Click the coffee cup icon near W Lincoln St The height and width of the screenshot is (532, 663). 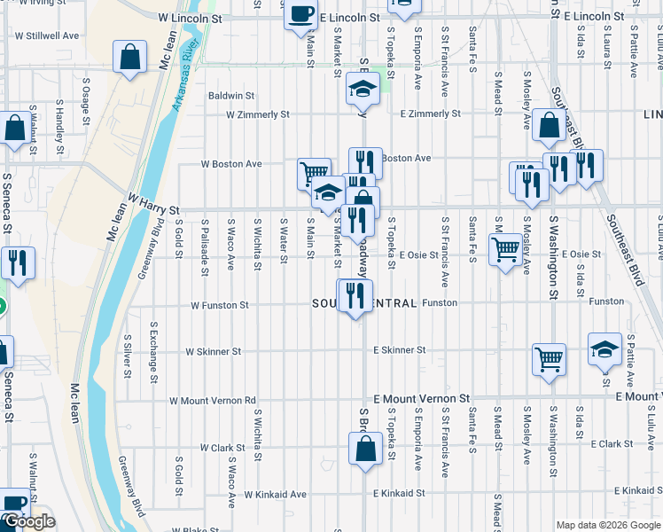[301, 14]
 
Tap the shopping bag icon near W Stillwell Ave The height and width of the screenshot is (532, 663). [129, 58]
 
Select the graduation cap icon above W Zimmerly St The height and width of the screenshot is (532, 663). [363, 89]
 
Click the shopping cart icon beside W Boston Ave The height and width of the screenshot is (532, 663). [314, 173]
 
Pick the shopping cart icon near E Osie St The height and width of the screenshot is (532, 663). [505, 250]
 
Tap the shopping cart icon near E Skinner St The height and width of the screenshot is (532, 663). [549, 359]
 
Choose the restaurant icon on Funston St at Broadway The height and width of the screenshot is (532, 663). [355, 294]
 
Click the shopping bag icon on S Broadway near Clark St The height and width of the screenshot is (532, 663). [365, 448]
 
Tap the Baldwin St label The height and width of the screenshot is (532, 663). [231, 95]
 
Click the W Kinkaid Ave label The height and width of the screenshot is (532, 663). [276, 494]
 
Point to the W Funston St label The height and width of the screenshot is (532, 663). [221, 305]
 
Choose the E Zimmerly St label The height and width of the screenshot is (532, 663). [430, 113]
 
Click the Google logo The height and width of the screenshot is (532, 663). [28, 522]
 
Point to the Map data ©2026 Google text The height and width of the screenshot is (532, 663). [607, 525]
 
